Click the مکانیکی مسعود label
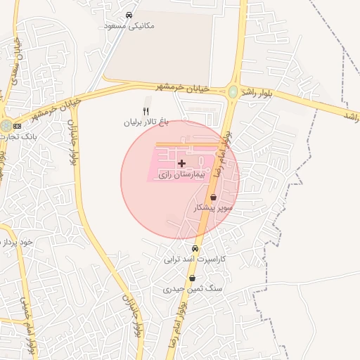[129, 25]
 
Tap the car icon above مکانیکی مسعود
[129, 15]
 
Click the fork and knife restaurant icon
[146, 111]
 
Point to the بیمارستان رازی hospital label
[181, 173]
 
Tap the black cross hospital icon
[181, 163]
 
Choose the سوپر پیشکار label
[213, 209]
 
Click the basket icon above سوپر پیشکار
[213, 198]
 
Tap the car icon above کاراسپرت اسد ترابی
[195, 249]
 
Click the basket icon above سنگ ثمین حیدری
[192, 278]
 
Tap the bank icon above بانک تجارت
[17, 125]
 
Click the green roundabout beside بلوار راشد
[233, 91]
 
